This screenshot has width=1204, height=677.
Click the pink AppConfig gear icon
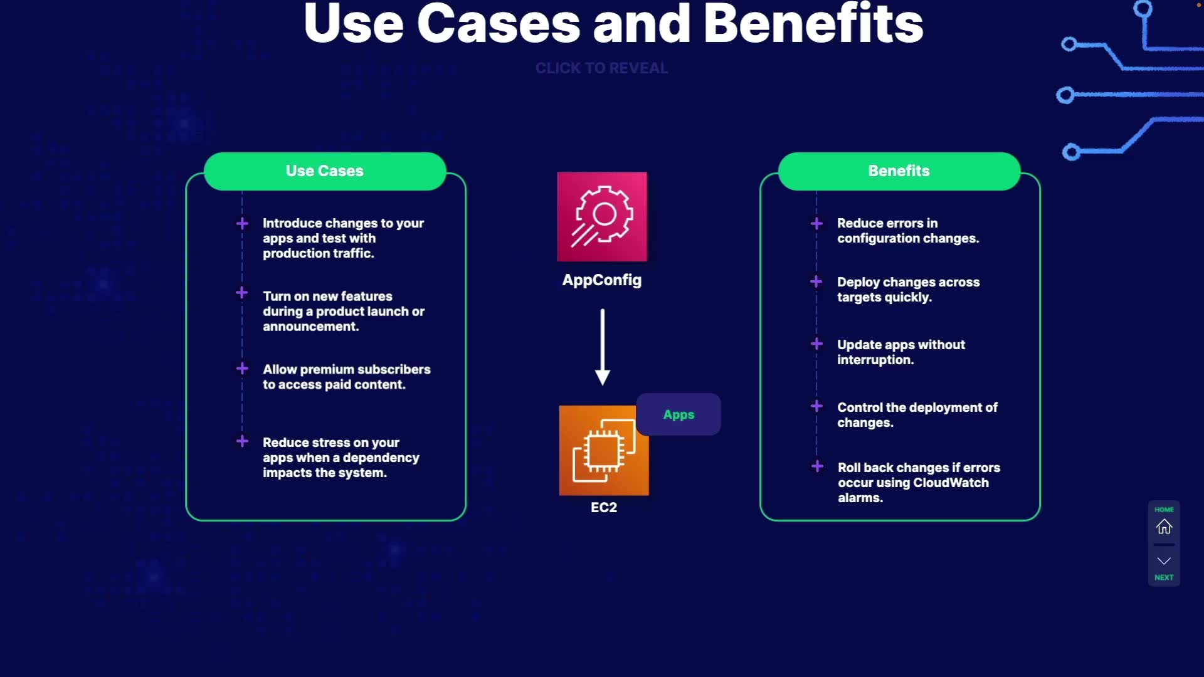(x=602, y=216)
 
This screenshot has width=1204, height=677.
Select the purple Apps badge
(x=679, y=414)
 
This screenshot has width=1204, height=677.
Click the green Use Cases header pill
(x=325, y=171)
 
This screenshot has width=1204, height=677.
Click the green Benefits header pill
(x=899, y=171)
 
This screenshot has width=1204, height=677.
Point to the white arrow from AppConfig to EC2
(x=603, y=346)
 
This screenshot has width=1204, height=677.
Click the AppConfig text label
(x=602, y=280)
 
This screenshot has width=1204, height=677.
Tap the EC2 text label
(x=604, y=508)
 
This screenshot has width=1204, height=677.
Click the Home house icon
(x=1164, y=527)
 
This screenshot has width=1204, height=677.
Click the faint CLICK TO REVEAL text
(x=601, y=68)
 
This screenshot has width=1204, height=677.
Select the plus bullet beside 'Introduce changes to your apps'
(x=242, y=224)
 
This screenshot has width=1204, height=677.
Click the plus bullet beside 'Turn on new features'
(x=242, y=293)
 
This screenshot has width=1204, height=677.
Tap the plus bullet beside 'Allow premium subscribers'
(x=242, y=369)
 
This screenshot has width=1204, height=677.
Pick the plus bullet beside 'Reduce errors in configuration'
(x=816, y=224)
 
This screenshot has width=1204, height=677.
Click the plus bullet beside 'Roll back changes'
(x=817, y=466)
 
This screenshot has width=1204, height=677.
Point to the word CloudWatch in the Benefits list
(x=951, y=483)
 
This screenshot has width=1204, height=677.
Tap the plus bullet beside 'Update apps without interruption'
(x=816, y=344)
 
